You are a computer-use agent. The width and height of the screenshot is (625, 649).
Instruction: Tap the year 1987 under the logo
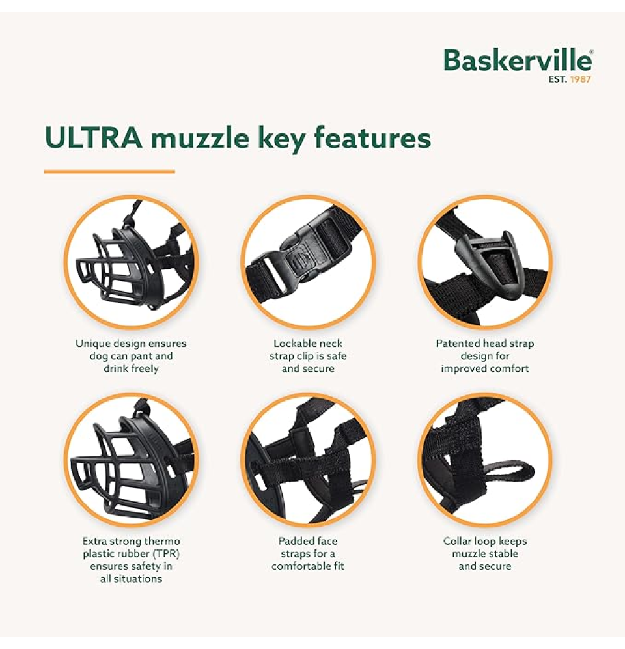pyautogui.click(x=580, y=79)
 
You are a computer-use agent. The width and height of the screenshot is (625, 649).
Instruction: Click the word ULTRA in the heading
pyautogui.click(x=93, y=138)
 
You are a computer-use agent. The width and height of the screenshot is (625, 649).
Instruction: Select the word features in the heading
pyautogui.click(x=372, y=138)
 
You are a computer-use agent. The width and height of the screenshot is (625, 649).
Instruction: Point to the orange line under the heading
pyautogui.click(x=109, y=171)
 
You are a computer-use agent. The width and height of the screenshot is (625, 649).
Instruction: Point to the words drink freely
pyautogui.click(x=131, y=368)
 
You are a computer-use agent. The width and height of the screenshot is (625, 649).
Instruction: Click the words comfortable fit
pyautogui.click(x=308, y=566)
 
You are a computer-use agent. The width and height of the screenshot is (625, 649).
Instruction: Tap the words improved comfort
pyautogui.click(x=484, y=368)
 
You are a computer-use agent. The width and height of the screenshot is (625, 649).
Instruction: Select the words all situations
pyautogui.click(x=131, y=578)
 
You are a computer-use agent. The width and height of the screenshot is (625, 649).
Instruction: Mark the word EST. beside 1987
pyautogui.click(x=558, y=79)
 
